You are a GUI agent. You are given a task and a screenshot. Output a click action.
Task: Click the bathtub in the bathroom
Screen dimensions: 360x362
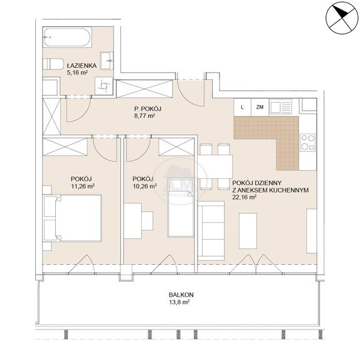[x=67, y=38]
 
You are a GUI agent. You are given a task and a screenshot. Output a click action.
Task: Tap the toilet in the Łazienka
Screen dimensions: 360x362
[x=53, y=64]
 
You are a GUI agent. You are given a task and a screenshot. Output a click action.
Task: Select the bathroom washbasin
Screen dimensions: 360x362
[x=107, y=60]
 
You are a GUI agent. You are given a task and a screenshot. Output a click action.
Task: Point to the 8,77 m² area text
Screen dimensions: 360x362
[x=144, y=115]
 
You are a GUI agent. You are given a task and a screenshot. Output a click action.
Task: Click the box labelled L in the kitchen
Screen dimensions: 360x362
[x=242, y=107]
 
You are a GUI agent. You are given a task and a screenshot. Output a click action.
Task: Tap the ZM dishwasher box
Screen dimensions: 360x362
[x=260, y=107]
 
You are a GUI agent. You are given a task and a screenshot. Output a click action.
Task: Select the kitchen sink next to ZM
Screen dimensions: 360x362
[x=281, y=107]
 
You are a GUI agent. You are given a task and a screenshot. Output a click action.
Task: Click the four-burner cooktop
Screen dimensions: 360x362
[x=307, y=142]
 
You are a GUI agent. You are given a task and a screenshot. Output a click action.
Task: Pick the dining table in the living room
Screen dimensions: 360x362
[x=215, y=166]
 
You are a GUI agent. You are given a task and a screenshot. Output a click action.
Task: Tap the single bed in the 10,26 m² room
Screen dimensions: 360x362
[x=181, y=207]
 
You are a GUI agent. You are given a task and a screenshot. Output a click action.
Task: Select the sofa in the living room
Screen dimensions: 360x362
[x=211, y=231]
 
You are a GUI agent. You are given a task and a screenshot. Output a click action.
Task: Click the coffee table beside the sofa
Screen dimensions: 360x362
[x=248, y=231]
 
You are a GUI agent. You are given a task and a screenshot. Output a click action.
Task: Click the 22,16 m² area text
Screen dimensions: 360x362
[x=245, y=198]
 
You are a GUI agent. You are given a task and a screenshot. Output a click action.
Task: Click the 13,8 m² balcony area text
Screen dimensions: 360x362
[x=179, y=302]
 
